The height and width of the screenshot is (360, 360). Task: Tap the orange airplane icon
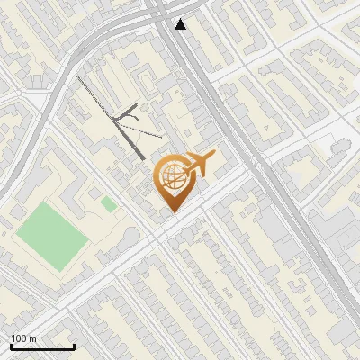coord(197,165)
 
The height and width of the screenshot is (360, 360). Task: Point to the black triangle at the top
coord(181,24)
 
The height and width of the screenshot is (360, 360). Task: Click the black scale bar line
coord(42,346)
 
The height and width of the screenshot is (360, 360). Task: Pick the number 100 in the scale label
coord(20,338)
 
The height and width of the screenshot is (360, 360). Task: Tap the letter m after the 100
coord(33,338)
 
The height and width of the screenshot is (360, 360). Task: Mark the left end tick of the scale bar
coord(11,346)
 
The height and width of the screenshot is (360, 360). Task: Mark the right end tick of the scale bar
coord(74,346)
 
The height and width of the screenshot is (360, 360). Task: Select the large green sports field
coord(50,236)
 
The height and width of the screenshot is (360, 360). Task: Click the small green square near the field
coord(109,204)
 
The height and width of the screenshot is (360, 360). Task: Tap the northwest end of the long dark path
coord(77,77)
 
